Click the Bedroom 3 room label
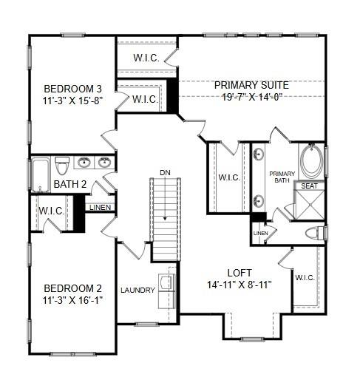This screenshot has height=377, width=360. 72,87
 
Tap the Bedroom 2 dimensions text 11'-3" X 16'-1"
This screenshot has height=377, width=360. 72,301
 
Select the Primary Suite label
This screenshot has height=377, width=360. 251,85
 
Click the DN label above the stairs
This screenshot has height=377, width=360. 164,173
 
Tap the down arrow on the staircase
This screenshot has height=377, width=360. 165,219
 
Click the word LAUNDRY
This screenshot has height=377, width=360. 137,290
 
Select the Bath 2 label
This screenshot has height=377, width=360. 50,184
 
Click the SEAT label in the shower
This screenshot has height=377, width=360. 310,186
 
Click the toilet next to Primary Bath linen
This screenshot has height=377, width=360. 315,233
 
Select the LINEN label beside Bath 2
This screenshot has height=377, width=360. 100,208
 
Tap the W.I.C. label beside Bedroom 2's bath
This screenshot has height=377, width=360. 50,211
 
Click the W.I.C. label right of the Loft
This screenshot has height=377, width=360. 305,277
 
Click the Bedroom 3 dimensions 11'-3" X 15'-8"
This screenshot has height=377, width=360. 72,101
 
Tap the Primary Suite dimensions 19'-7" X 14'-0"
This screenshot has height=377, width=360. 251,97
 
